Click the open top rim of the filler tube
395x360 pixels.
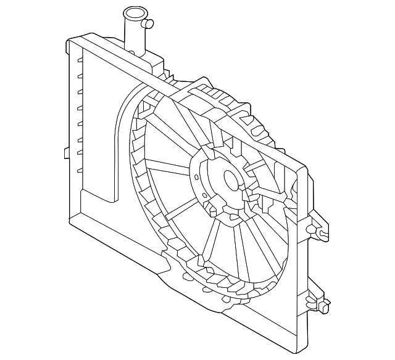pos(133,12)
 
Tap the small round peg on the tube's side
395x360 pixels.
pos(148,24)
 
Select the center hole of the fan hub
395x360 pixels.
pos(231,180)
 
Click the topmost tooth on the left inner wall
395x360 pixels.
pos(80,60)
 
